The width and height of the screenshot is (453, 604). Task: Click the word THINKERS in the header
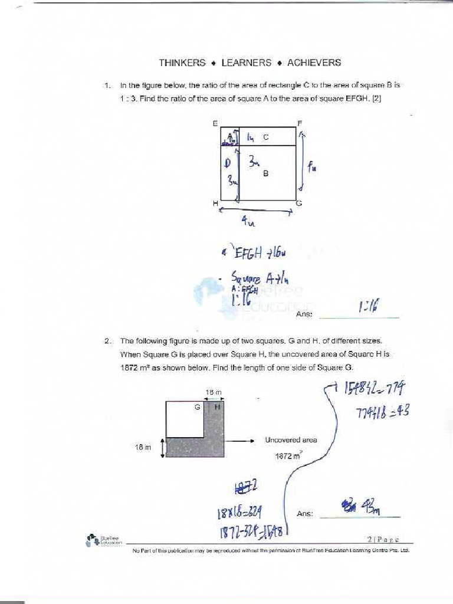pyautogui.click(x=182, y=63)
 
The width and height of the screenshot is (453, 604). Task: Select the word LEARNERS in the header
pyautogui.click(x=247, y=63)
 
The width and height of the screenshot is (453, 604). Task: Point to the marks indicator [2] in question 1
pyautogui.click(x=376, y=99)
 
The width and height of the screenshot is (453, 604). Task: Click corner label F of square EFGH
pyautogui.click(x=300, y=123)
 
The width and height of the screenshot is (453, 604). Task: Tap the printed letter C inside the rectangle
pyautogui.click(x=266, y=137)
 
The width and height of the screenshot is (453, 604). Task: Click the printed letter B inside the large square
pyautogui.click(x=266, y=173)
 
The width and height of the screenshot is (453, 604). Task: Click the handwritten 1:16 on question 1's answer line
pyautogui.click(x=368, y=306)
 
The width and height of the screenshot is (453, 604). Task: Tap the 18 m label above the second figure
pyautogui.click(x=213, y=392)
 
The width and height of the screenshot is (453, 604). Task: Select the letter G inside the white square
pyautogui.click(x=197, y=407)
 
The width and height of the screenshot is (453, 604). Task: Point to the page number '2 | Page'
pyautogui.click(x=383, y=539)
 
